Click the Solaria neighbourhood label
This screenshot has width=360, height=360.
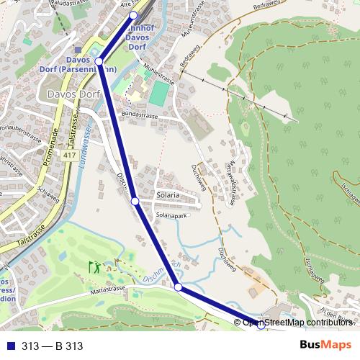[167, 195]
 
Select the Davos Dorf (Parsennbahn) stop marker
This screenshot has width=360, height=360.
[99, 62]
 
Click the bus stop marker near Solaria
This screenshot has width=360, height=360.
[135, 202]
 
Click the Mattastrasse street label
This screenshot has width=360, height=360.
[107, 291]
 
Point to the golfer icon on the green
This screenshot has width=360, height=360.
[94, 267]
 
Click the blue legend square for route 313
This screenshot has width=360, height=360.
[11, 346]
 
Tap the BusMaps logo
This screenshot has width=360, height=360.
[326, 346]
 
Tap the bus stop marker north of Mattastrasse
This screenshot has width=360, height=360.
[178, 288]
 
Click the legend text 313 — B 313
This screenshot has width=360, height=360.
[53, 346]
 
